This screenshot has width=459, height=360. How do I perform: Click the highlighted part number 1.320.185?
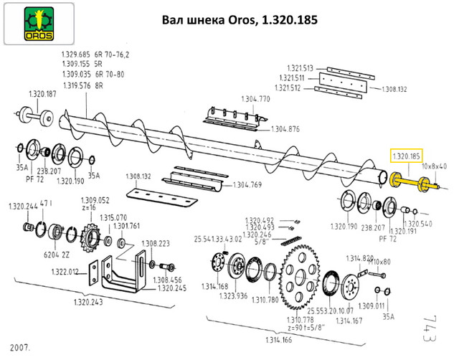(405, 154)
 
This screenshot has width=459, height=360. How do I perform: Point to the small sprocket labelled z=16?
(90, 237)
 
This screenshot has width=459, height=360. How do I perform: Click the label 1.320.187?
(42, 94)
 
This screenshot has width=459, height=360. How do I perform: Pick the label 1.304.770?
(255, 98)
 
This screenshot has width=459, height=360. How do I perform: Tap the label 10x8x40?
(435, 166)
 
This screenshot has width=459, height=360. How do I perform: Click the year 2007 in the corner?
(20, 346)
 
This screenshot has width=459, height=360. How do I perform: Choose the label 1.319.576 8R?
(84, 85)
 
